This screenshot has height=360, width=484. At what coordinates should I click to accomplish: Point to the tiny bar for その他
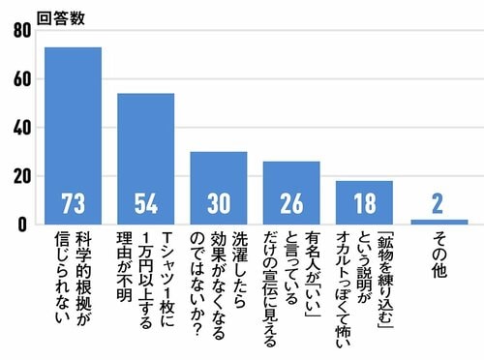[x=438, y=222]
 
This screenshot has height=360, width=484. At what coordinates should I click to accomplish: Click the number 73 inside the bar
[x=74, y=204]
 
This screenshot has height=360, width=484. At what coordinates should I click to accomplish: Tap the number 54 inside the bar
[x=146, y=204]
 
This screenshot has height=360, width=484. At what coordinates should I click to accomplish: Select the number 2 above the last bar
[x=438, y=203]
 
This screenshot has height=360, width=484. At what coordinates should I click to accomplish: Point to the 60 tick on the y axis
[x=21, y=78]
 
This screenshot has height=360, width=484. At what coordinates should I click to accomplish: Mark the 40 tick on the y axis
[x=21, y=127]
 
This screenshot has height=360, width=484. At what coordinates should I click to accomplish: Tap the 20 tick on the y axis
[x=21, y=175]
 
